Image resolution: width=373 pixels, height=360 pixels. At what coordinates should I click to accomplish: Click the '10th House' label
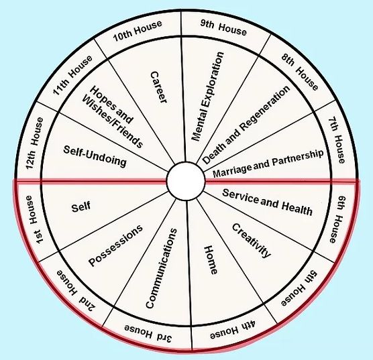click(138, 31)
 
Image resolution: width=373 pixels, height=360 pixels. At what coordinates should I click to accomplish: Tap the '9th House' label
click(223, 27)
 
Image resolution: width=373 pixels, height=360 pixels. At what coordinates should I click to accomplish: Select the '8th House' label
click(300, 72)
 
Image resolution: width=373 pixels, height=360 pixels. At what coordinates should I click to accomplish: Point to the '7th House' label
click(337, 140)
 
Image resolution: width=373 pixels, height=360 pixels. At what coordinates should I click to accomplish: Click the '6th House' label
click(337, 219)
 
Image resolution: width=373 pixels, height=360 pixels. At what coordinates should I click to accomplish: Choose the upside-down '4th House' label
click(233, 329)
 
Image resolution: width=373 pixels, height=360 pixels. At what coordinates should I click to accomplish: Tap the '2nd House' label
click(76, 291)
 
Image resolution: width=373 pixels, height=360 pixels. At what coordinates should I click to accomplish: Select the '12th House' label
click(34, 143)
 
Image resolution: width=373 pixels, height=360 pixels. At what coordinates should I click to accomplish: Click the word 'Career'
click(158, 87)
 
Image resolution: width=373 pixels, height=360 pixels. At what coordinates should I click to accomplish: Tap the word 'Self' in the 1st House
click(81, 207)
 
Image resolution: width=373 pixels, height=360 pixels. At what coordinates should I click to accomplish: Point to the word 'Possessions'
click(115, 245)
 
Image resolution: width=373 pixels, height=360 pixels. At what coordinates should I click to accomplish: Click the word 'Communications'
click(161, 268)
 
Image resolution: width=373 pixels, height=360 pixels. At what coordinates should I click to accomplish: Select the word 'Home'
click(211, 260)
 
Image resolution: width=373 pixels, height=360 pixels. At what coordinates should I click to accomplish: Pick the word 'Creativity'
click(251, 241)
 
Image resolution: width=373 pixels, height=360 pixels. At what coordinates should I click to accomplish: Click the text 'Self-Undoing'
click(95, 156)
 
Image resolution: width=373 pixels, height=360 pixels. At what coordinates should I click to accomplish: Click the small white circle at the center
click(186, 182)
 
